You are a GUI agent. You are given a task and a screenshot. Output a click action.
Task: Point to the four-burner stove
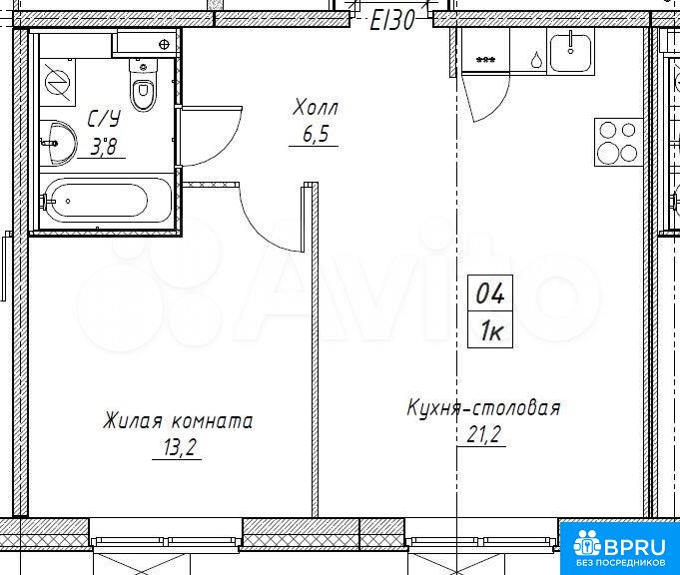coord(618,142)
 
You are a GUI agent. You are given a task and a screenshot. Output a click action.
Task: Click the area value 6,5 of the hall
coord(315,135)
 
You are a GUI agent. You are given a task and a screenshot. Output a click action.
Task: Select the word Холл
coord(316,107)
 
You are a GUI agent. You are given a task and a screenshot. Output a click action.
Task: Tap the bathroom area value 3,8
coord(103,147)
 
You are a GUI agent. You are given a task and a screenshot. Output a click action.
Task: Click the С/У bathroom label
coord(104,119)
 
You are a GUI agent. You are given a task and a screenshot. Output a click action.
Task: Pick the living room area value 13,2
coord(178,447)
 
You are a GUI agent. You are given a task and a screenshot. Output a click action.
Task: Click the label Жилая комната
coord(178,421)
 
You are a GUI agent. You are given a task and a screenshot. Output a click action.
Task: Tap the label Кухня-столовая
coord(483,408)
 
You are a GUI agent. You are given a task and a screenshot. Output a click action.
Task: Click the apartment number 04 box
coord(490,293)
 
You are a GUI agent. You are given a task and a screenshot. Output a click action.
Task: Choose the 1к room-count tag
coord(490,329)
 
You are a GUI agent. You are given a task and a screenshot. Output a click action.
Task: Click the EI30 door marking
coord(392,20)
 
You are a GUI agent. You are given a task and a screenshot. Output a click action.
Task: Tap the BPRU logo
coord(619,547)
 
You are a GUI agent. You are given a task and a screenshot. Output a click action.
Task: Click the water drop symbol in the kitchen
coord(537,60)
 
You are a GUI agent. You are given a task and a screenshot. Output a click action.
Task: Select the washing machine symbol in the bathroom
coord(58,83)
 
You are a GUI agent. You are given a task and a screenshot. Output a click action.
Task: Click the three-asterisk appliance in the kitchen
coord(486,59)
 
